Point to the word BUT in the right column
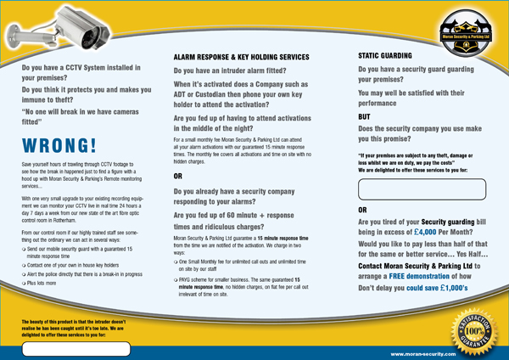366,116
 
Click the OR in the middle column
178,177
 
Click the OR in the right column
363,209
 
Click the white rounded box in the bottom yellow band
76,349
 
